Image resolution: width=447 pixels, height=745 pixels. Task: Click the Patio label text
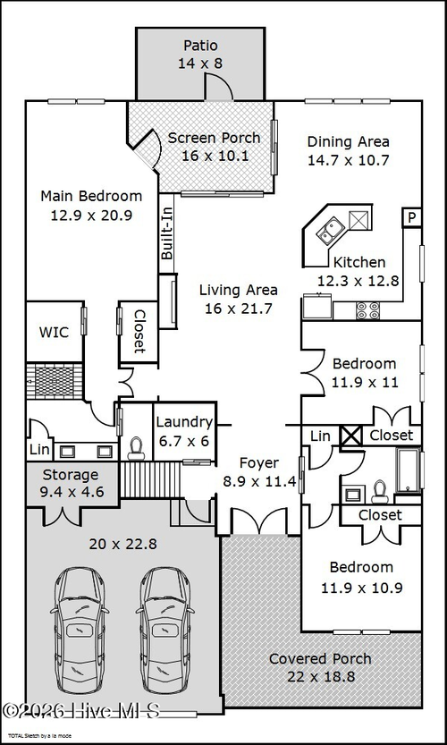click(x=200, y=46)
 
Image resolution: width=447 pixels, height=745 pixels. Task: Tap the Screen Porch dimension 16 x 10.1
click(x=215, y=156)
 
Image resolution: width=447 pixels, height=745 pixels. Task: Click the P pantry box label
click(x=412, y=217)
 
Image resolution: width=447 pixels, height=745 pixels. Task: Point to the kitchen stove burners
click(x=368, y=310)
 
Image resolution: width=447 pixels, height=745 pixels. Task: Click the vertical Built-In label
click(x=166, y=233)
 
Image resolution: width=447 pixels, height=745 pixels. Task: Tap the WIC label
click(x=54, y=332)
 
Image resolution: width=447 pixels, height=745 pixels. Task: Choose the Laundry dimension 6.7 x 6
click(x=184, y=441)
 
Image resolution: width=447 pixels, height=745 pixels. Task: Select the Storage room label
click(x=71, y=475)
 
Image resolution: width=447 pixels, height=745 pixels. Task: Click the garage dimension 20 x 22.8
click(x=123, y=544)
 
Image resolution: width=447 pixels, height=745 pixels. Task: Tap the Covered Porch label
click(x=320, y=659)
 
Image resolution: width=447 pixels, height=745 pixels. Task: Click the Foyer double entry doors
click(x=258, y=521)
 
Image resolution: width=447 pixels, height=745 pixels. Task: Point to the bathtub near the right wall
click(x=408, y=470)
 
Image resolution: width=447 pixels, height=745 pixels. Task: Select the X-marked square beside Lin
click(x=352, y=436)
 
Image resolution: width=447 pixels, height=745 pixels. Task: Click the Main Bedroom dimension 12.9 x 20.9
click(x=91, y=216)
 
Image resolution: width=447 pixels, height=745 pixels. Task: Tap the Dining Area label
click(x=348, y=141)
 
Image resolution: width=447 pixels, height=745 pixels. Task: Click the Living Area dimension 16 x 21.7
click(x=239, y=309)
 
